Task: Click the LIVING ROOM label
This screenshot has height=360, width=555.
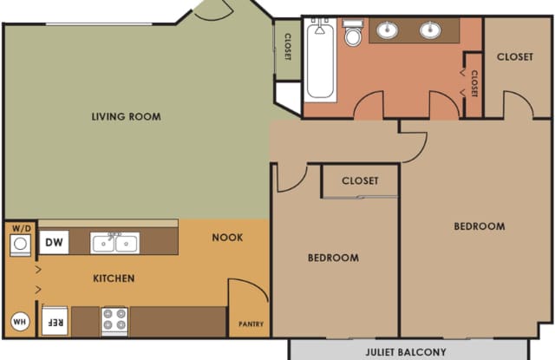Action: click(127, 116)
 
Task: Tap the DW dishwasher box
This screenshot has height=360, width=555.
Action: click(54, 243)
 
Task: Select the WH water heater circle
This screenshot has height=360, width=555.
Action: click(20, 322)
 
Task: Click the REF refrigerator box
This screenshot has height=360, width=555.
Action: click(55, 321)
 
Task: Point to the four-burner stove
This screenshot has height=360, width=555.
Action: click(114, 321)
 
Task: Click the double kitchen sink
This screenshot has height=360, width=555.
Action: click(114, 243)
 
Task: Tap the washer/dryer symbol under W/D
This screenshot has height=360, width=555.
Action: click(20, 245)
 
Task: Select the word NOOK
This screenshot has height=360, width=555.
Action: click(227, 237)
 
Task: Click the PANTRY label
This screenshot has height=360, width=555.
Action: click(251, 324)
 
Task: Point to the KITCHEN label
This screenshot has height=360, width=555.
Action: click(114, 278)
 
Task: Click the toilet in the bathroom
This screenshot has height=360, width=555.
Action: click(353, 33)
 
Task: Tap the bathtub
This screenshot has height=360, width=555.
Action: click(320, 59)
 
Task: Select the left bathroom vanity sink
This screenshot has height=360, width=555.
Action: click(387, 29)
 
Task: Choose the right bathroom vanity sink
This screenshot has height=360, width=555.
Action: click(430, 29)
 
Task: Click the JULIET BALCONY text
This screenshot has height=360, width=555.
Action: click(406, 352)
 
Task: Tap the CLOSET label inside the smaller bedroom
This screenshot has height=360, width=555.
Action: click(360, 181)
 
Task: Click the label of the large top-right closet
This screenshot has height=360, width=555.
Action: click(514, 56)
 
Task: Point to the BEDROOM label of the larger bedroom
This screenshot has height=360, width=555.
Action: click(480, 226)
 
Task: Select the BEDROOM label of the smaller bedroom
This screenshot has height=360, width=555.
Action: click(333, 258)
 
